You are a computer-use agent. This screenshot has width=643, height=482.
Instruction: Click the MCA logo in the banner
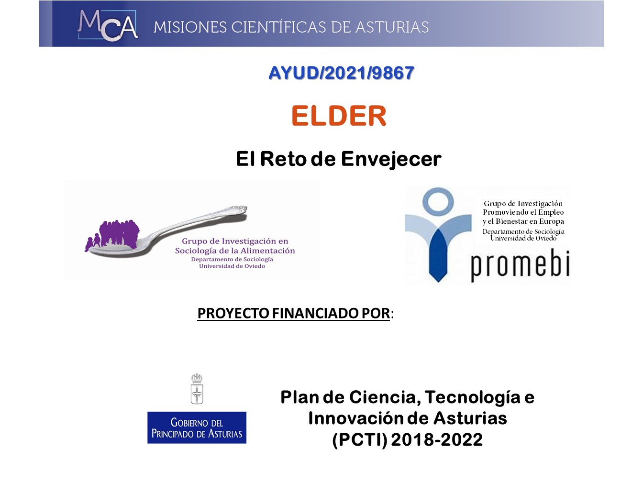pos(108,25)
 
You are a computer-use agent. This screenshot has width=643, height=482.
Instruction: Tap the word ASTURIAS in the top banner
pos(392,27)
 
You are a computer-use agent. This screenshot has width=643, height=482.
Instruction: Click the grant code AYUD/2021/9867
pos(341,73)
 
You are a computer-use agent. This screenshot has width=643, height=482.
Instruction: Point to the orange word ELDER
pos(339,116)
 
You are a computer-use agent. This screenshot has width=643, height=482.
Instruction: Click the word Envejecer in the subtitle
pos(391,160)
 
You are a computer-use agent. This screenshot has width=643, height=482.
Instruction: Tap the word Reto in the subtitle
pos(283,159)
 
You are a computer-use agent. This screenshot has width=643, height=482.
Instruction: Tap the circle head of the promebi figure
pos(438,202)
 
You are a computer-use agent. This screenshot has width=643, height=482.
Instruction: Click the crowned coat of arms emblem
pos(197,389)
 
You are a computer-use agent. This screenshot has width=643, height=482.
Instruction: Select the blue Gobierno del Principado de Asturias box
pos(197,427)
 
